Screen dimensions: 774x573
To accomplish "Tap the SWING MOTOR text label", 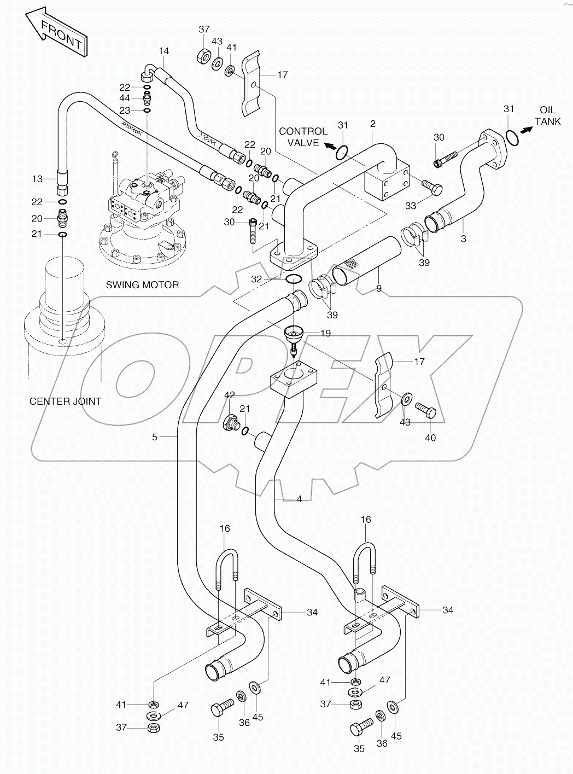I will [x=143, y=285].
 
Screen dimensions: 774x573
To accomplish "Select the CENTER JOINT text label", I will [x=65, y=401].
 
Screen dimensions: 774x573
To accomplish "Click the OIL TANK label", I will [x=547, y=115].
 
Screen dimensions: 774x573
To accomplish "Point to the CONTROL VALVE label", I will [x=303, y=137].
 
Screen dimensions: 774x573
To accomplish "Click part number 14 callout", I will [x=164, y=51].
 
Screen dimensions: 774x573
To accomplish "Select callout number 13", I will [x=37, y=179].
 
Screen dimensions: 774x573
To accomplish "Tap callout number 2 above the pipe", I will [x=373, y=124].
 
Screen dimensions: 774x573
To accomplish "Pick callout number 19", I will [x=325, y=333].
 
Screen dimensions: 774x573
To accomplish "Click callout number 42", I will [x=230, y=395].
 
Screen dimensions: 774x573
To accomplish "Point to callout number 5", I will [x=155, y=437].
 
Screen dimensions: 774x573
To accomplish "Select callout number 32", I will [x=257, y=279].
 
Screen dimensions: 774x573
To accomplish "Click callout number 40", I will [x=430, y=438].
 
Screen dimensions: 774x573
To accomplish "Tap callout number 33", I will [x=410, y=206].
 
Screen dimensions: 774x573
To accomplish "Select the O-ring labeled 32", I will [x=294, y=280].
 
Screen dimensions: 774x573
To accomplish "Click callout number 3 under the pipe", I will [x=464, y=238].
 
